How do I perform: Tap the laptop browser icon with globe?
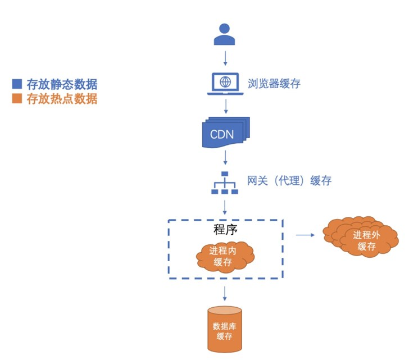(x=225, y=83)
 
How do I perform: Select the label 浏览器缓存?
(x=274, y=84)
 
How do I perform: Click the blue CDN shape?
(x=225, y=133)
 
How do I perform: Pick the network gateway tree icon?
(x=225, y=183)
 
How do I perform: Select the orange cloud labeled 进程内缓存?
(x=225, y=256)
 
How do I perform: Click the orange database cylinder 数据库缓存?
(x=225, y=331)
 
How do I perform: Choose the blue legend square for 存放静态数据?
(x=17, y=85)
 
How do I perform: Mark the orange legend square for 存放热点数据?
(x=17, y=99)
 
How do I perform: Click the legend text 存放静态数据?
(x=62, y=85)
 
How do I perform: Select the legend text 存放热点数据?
(x=62, y=99)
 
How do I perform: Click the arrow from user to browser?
(x=225, y=58)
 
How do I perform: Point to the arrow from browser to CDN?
(x=225, y=106)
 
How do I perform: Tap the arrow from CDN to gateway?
(x=225, y=156)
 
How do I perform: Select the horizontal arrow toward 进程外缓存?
(x=305, y=236)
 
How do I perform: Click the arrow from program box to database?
(x=225, y=293)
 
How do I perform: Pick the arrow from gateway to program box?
(x=225, y=206)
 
